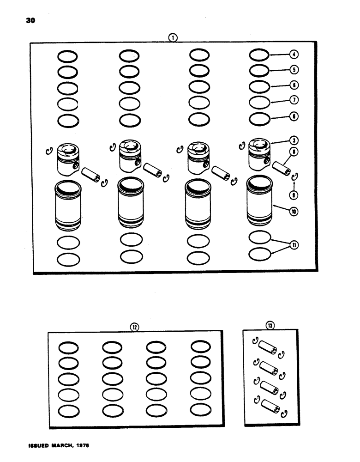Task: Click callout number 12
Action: click(134, 327)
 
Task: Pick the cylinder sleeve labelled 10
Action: click(259, 202)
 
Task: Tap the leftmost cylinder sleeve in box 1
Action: click(68, 204)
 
